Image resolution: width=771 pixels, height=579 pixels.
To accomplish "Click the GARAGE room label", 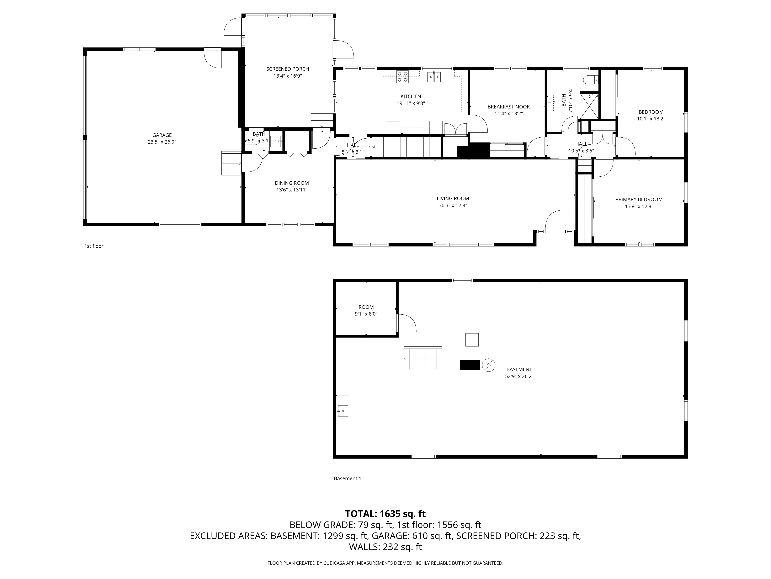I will (x=162, y=135).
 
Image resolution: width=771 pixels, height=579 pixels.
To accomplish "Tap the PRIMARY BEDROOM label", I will (x=639, y=199).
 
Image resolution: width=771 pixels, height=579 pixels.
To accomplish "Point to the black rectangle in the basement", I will (x=470, y=365).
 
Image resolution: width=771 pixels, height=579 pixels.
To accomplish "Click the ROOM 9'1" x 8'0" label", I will (x=366, y=307).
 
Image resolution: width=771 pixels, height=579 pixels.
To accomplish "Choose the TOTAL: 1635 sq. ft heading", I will (x=385, y=514).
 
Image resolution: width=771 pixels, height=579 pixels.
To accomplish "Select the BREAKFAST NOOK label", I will (x=508, y=107).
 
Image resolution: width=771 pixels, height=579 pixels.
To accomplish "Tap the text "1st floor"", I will (x=94, y=246).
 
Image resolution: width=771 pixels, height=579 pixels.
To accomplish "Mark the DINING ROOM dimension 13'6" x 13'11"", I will (x=292, y=190).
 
